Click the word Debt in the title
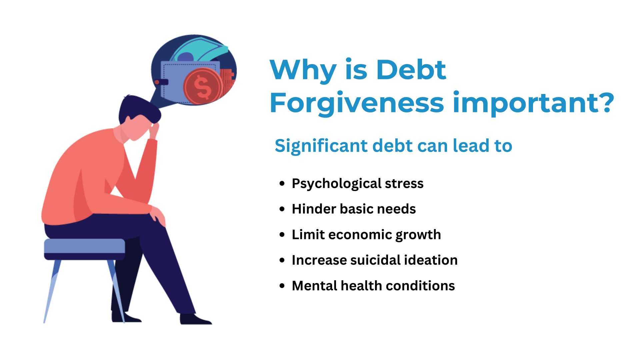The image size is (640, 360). [x=411, y=70]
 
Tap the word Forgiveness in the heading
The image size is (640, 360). [x=357, y=102]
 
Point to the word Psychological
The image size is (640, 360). [x=336, y=184]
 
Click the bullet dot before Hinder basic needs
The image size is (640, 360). [x=282, y=209]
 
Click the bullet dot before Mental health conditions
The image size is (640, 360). [x=282, y=286]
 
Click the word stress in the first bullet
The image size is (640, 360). [x=404, y=184]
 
